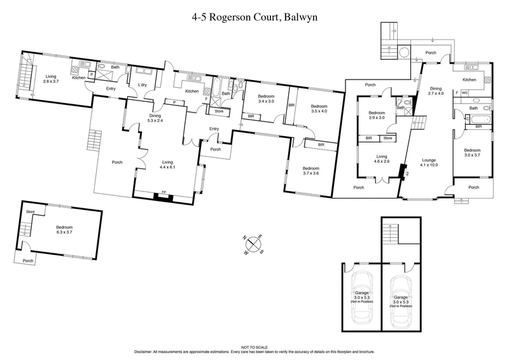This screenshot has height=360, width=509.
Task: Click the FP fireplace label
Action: (164, 192)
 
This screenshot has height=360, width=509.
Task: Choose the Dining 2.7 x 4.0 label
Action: (435, 92)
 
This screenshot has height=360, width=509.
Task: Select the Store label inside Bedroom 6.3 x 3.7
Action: (29, 211)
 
